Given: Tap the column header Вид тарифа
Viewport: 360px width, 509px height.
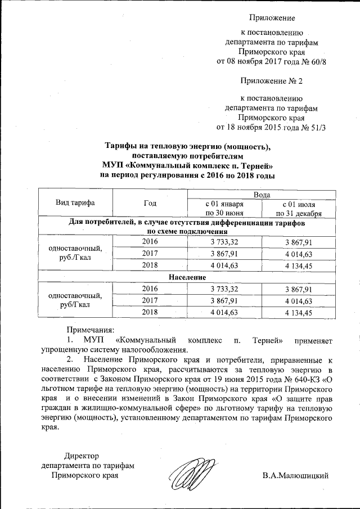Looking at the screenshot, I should pos(75,202).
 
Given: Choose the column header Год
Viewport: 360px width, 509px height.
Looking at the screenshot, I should pos(150,202).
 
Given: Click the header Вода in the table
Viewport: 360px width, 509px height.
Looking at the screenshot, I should pos(261,193).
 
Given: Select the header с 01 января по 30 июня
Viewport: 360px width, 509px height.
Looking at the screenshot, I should pos(224,208).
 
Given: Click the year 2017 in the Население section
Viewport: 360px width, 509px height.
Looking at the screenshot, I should pos(150,300).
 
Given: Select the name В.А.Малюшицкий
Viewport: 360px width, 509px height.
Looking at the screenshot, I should pos(295,476).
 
